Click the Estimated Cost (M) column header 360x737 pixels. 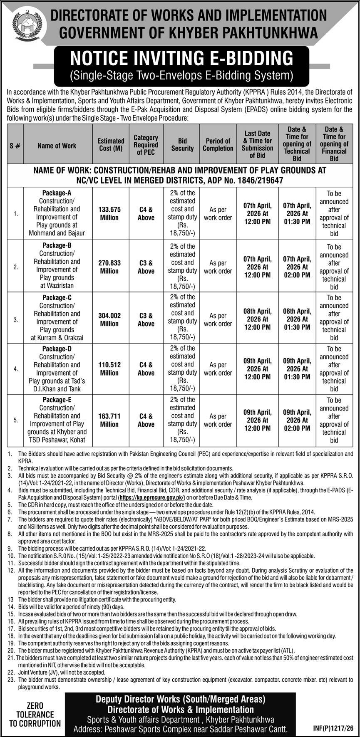coord(111,144)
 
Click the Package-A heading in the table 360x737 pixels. coord(57,193)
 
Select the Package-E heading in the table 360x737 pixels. coord(57,400)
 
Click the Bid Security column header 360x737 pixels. coord(183,144)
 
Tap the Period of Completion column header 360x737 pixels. coord(218,144)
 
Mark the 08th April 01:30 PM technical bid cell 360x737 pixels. coord(297,319)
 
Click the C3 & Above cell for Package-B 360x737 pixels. coord(146,267)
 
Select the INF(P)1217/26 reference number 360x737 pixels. coord(331,729)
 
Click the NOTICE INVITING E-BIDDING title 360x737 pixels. coord(182,58)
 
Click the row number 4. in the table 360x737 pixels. coord(15,369)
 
